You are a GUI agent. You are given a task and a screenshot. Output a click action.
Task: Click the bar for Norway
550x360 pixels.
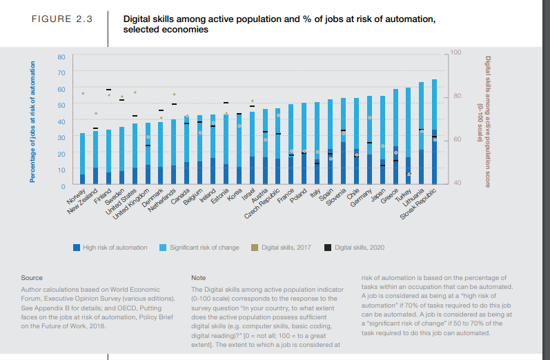pos(83,159)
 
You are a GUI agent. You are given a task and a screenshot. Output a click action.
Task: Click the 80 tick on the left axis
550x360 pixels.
pos(61,56)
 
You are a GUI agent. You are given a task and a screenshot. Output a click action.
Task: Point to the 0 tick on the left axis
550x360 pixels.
pos(63,186)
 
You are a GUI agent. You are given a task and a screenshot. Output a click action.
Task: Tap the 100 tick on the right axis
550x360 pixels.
pos(455,52)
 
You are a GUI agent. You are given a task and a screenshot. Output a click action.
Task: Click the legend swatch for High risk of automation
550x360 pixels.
pos(77,247)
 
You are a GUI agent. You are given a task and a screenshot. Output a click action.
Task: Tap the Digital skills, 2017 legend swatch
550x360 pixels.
pos(255,247)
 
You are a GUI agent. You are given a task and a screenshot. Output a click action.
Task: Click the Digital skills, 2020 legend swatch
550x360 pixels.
pos(328,247)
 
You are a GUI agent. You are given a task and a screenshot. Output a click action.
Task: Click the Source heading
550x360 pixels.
pos(32,278)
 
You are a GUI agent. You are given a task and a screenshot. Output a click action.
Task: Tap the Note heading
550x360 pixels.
pos(198,278)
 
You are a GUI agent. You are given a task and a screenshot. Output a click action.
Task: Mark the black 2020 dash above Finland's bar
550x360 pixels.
pos(108,90)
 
